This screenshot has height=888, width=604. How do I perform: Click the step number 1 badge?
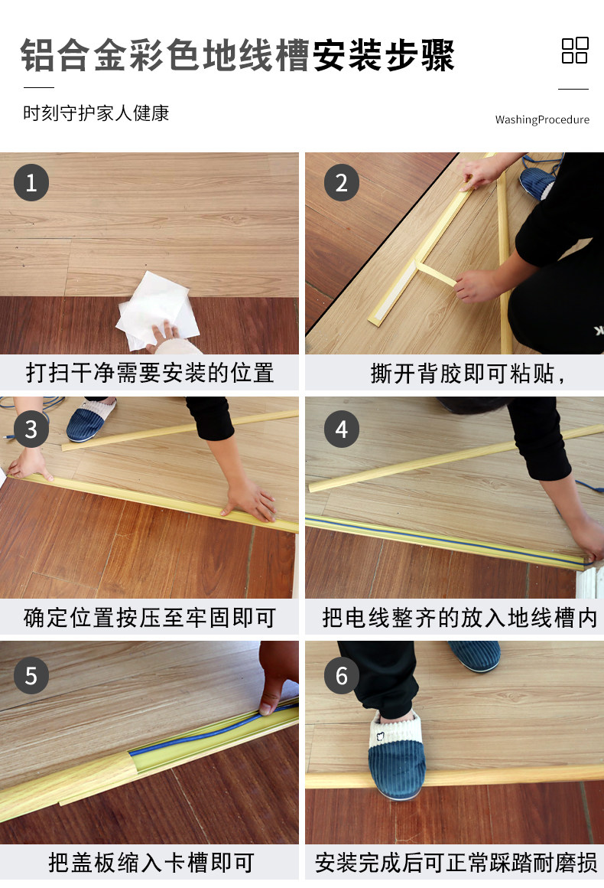pos(31,182)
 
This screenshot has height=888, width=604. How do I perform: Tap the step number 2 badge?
pos(341,182)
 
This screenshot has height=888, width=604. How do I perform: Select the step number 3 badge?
pos(31,429)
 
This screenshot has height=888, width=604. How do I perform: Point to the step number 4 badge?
pos(341,429)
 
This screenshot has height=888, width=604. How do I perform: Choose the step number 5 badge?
pos(31,676)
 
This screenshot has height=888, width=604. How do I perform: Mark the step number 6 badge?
pos(341,676)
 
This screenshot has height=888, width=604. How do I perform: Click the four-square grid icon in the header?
pos(575,51)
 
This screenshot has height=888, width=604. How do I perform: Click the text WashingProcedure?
pos(542,119)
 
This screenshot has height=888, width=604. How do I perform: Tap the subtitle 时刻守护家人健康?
pos(96,113)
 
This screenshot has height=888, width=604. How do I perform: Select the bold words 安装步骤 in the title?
pos(384,55)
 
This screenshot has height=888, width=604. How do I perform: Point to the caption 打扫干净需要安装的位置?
pos(149,373)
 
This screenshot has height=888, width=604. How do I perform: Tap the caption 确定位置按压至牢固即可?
pos(149,617)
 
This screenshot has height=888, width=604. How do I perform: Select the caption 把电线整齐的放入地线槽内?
pos(459,617)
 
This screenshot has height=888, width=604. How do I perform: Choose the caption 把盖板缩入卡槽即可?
pos(151,863)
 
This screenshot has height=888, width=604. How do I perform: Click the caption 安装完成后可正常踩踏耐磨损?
pos(456,863)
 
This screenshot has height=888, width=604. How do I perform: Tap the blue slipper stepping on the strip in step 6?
pos(397,756)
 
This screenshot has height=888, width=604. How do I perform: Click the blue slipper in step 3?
pos(90,419)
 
